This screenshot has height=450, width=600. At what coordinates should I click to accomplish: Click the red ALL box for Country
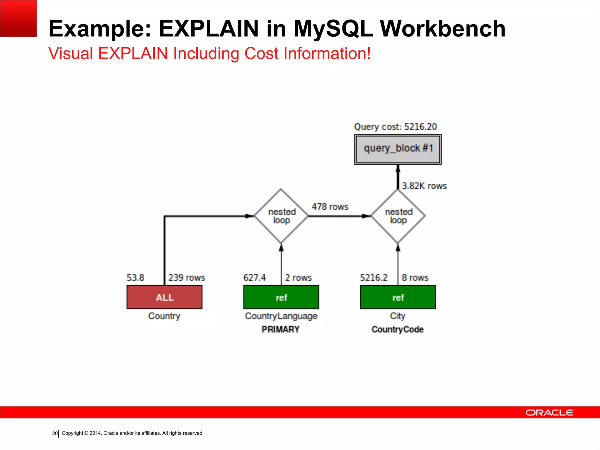tap(164, 297)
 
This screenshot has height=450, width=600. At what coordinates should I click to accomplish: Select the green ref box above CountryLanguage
tap(281, 297)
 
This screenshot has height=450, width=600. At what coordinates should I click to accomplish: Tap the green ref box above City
tap(398, 297)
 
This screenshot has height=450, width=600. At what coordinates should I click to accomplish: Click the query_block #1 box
tap(398, 149)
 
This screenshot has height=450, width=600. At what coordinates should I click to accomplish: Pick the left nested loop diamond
tap(281, 216)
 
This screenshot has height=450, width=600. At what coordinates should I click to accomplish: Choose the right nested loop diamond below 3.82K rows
tap(398, 216)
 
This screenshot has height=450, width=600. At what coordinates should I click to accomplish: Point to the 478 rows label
tap(330, 207)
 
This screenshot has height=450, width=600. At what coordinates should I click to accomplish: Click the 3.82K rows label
tap(424, 186)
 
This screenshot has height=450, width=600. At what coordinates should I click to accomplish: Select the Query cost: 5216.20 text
tap(395, 127)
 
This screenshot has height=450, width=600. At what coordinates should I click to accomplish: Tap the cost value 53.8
tap(135, 277)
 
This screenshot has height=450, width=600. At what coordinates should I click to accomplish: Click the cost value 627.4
tap(254, 277)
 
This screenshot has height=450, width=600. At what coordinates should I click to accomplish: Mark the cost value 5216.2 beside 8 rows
tap(374, 277)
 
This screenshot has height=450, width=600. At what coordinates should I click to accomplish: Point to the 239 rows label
tap(186, 277)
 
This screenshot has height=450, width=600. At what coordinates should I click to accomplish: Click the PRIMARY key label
tap(280, 329)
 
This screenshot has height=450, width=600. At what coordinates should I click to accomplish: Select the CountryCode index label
tap(398, 329)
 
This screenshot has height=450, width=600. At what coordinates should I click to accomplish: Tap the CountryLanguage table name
tap(281, 316)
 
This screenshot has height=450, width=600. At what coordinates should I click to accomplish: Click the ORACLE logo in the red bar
tap(550, 412)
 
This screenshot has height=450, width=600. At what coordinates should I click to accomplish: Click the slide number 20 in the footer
tap(54, 433)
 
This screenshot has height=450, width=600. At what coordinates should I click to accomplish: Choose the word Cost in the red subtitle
tap(261, 53)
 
